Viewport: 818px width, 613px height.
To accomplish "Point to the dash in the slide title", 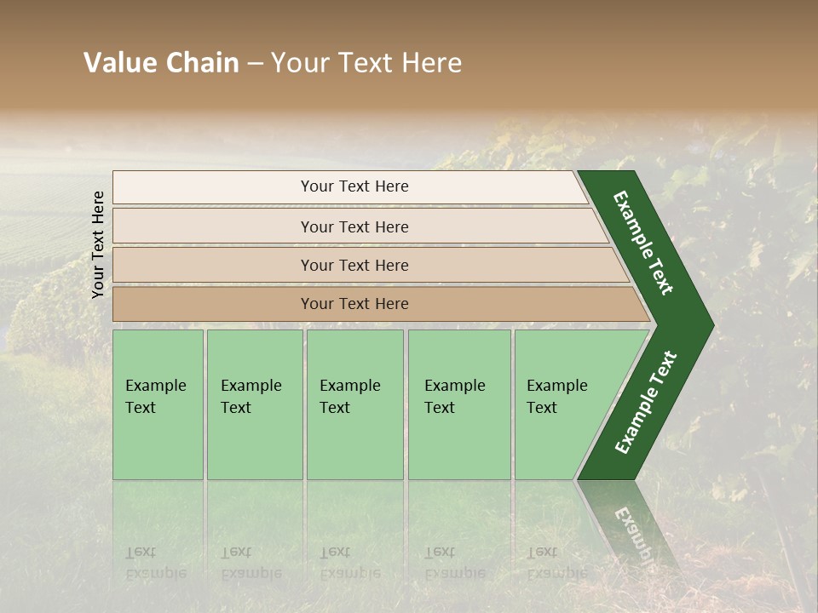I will click(255, 64).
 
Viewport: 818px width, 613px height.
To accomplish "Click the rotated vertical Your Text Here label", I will click(98, 244).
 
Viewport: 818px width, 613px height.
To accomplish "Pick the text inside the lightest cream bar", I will click(354, 186).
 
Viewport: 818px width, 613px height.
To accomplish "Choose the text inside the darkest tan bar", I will click(354, 304).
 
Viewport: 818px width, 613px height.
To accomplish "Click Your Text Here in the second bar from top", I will click(354, 227).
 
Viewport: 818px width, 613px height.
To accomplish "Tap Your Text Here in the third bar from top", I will click(354, 266).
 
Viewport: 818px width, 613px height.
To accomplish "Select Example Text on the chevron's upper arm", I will click(643, 243).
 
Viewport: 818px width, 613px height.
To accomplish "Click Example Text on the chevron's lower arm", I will click(646, 403).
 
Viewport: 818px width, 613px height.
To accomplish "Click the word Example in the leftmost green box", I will click(155, 386).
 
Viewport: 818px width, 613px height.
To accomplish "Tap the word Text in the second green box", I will click(236, 408).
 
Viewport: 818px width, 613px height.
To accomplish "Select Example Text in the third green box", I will click(349, 397).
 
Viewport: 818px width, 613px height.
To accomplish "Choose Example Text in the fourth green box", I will click(454, 397).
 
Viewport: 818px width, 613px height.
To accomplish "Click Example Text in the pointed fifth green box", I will click(556, 397).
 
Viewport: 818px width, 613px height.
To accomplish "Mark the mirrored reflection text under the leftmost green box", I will click(155, 563).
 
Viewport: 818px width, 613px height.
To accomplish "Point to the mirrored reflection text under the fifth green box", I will click(556, 563).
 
